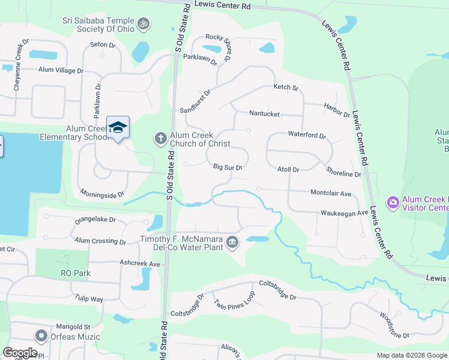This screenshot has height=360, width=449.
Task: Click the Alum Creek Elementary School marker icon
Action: tap(118, 128)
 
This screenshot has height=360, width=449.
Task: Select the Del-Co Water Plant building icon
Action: tap(232, 243)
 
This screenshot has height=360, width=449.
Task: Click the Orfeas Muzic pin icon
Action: tap(41, 336)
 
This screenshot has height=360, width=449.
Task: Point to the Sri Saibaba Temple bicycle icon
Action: tap(143, 24)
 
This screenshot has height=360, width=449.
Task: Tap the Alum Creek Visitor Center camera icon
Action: tap(394, 203)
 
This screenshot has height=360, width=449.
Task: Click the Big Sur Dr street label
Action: tap(228, 168)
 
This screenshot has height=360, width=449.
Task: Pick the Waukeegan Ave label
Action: tap(344, 213)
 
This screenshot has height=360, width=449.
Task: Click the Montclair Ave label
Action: tap(331, 194)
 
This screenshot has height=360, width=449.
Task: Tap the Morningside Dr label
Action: tap(102, 194)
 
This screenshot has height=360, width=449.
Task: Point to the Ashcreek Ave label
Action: tap(140, 263)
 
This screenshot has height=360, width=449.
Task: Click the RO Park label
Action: tap(75, 273)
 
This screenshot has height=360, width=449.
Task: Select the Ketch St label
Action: tap(286, 88)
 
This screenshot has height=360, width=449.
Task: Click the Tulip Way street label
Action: tap(89, 298)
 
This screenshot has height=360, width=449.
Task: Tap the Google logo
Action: tap(20, 353)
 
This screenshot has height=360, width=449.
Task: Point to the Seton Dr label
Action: tap(102, 45)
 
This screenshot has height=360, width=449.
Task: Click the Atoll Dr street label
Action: tap(288, 170)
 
